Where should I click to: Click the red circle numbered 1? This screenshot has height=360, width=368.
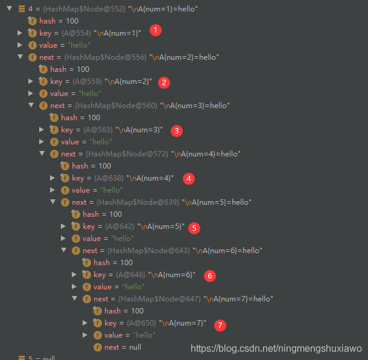[x=156, y=30]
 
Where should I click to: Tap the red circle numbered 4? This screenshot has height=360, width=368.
[x=189, y=178]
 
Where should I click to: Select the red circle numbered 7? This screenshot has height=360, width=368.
[x=221, y=326]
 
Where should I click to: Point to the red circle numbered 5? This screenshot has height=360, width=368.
[x=194, y=228]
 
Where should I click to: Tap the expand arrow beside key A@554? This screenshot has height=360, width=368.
[x=21, y=33]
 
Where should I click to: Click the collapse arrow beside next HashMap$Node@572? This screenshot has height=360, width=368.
[x=42, y=154]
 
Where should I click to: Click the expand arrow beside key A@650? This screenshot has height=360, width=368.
[x=86, y=323]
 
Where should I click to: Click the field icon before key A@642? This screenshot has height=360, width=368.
[x=75, y=227]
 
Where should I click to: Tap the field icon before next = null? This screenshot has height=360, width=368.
[x=97, y=347]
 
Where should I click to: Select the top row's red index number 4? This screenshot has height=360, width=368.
[x=30, y=9]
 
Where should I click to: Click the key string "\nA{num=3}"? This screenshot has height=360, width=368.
[x=141, y=130]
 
